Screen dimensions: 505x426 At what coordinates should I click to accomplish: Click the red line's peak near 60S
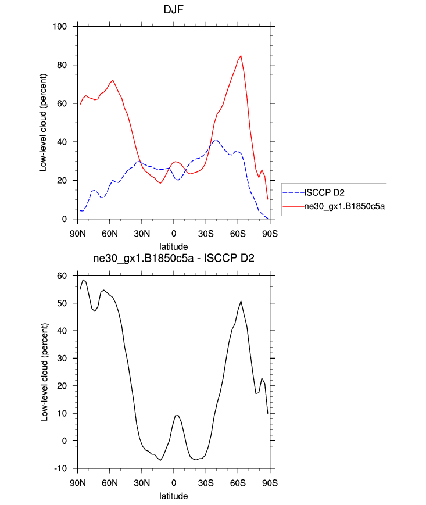241,56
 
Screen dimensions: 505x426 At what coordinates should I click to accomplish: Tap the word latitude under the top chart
174,247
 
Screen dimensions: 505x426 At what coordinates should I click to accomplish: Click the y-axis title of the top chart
43,123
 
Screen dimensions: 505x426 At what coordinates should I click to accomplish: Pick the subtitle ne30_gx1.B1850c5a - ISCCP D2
174,259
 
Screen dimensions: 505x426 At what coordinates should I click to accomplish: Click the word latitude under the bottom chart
174,496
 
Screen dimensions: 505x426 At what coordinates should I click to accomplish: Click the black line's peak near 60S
241,301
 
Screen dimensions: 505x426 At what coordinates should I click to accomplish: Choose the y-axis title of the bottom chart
43,372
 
